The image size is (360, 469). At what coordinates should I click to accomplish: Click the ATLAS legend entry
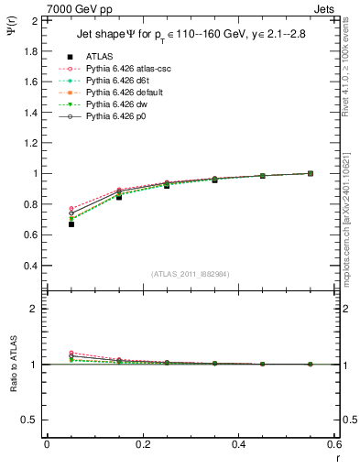99,57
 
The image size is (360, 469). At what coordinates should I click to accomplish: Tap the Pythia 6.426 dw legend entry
116,104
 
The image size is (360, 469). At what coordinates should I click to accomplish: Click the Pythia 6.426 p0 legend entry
116,116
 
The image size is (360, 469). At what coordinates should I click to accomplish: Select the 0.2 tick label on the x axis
143,444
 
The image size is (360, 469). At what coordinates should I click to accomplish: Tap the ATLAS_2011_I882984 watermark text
191,273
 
